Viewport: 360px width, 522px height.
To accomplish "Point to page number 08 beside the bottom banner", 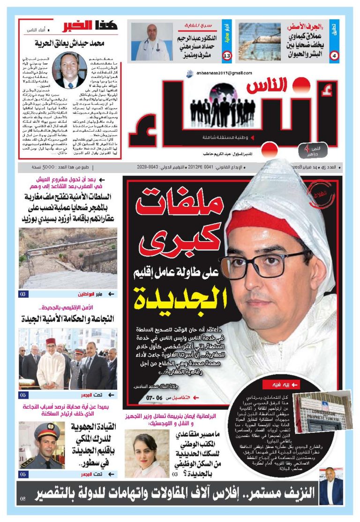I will point(23,499).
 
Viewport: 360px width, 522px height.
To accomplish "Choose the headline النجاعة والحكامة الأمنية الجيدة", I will point(68,319).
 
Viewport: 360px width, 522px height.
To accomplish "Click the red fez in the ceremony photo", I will point(51,341).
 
